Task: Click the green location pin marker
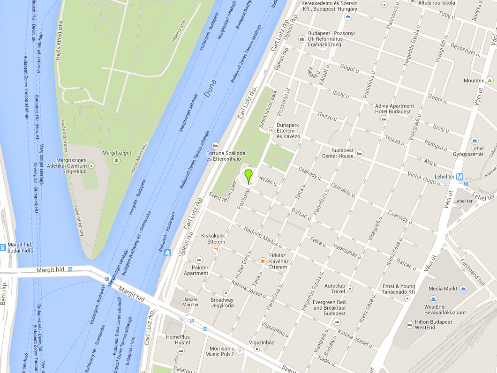[x=248, y=176]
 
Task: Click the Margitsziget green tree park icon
[x=116, y=161]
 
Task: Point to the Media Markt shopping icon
[x=463, y=289]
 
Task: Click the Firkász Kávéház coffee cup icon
[x=263, y=261]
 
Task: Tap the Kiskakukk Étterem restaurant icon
[x=216, y=249]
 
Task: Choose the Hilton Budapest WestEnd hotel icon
[x=410, y=324]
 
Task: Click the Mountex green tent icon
[x=489, y=81]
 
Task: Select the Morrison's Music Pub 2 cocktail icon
[x=240, y=351]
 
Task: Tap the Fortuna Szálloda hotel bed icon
[x=215, y=145]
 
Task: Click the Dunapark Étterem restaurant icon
[x=270, y=131]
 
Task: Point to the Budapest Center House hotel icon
[x=360, y=153]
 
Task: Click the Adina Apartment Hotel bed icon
[x=384, y=119]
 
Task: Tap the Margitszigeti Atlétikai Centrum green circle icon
[x=91, y=166]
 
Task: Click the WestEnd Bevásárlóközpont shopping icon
[x=433, y=299]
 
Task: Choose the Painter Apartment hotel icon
[x=199, y=259]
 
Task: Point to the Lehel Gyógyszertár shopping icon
[x=474, y=140]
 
